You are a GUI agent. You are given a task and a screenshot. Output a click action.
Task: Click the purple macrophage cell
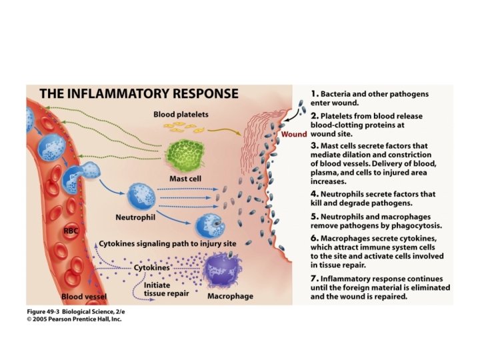224,271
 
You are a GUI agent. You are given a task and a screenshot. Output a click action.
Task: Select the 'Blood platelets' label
181,114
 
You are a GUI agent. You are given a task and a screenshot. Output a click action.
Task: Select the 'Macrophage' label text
230,295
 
